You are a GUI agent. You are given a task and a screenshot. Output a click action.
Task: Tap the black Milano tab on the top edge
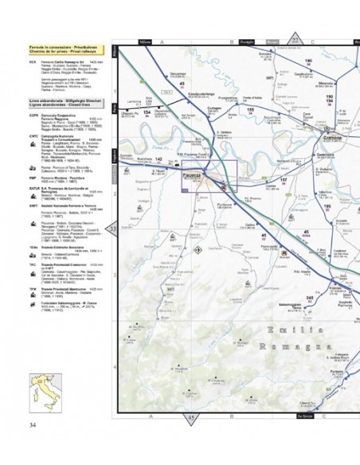[x=145, y=41]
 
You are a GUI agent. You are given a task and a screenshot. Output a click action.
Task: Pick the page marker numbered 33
[x=112, y=229]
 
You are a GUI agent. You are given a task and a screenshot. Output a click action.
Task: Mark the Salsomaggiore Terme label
[x=302, y=304]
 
